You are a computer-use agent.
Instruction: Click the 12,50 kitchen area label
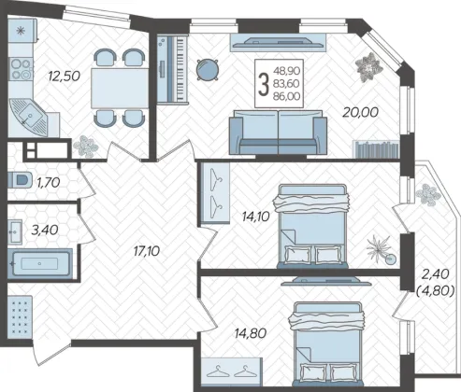[x=65, y=76]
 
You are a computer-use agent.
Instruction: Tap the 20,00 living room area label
[x=360, y=112]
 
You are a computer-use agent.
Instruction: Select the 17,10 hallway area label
[x=146, y=251]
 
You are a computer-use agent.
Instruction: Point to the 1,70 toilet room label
[x=49, y=183]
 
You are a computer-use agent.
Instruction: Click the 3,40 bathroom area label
[x=45, y=230]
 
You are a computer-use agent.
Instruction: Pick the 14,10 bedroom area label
[x=255, y=216]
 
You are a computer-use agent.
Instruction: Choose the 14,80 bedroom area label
[x=251, y=333]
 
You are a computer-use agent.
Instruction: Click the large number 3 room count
[x=264, y=83]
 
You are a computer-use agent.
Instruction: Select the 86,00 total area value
[x=287, y=96]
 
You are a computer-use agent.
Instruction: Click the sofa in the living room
[x=278, y=133]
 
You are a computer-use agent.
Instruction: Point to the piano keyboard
[x=173, y=69]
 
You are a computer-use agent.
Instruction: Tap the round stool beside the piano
[x=208, y=70]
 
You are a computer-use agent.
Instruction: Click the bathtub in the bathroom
[x=40, y=264]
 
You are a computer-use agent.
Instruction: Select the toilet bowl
[x=21, y=180]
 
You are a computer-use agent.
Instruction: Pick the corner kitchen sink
[x=29, y=117]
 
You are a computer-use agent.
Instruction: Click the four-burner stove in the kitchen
[x=21, y=69]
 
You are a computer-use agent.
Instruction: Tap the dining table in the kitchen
[x=120, y=88]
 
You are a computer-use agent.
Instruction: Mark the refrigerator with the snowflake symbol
[x=22, y=31]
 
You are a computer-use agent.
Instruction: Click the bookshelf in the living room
[x=376, y=149]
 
